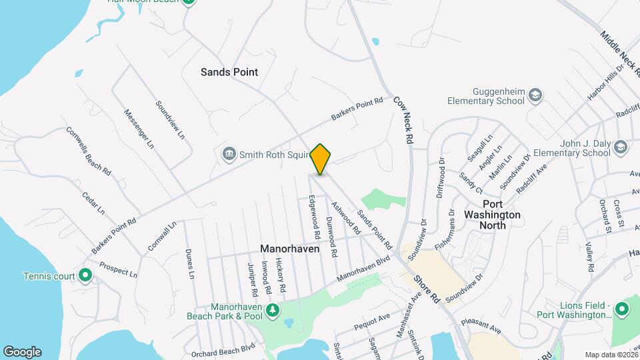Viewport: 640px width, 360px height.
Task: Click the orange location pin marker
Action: (x=321, y=159)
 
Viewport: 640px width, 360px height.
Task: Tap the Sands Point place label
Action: (x=229, y=72)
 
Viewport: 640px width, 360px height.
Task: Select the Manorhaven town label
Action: (x=290, y=249)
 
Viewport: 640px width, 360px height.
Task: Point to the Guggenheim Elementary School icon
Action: (x=535, y=97)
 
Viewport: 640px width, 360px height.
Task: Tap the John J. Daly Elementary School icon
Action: (x=620, y=147)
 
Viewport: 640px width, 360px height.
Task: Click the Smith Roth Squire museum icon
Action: (x=229, y=155)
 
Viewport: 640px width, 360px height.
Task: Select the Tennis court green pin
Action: (x=85, y=275)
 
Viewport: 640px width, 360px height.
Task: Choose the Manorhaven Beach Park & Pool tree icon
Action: (x=272, y=311)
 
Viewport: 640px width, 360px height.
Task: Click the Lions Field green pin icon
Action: (x=621, y=309)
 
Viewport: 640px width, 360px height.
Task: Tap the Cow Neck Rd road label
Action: (x=402, y=120)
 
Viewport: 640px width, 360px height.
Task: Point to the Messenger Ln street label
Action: (x=139, y=128)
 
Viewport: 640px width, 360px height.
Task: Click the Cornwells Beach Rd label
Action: (x=88, y=151)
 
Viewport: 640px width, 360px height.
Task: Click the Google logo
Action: (x=22, y=351)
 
